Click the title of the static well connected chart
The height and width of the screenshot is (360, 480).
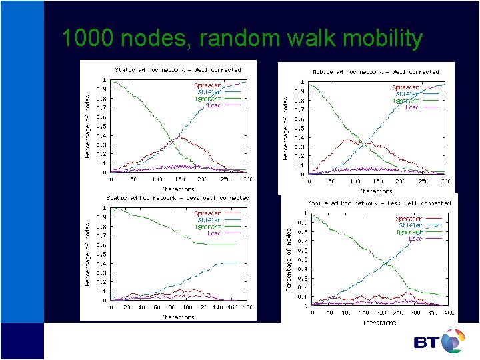177,69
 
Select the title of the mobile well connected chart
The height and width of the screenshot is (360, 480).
376,71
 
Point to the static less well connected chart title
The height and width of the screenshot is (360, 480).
178,198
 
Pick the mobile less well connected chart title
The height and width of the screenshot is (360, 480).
379,203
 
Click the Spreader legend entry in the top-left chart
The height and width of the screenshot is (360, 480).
208,85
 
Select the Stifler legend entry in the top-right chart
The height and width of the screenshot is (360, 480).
407,94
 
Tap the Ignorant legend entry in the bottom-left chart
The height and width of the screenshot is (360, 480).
208,227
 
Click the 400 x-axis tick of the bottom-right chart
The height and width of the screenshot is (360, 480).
449,313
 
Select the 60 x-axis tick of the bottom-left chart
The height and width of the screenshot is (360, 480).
157,307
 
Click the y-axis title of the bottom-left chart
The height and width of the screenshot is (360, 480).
87,254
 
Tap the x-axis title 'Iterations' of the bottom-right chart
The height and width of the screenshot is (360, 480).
379,322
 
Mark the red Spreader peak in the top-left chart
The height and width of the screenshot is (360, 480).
176,138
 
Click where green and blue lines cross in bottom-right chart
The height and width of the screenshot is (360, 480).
386,263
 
